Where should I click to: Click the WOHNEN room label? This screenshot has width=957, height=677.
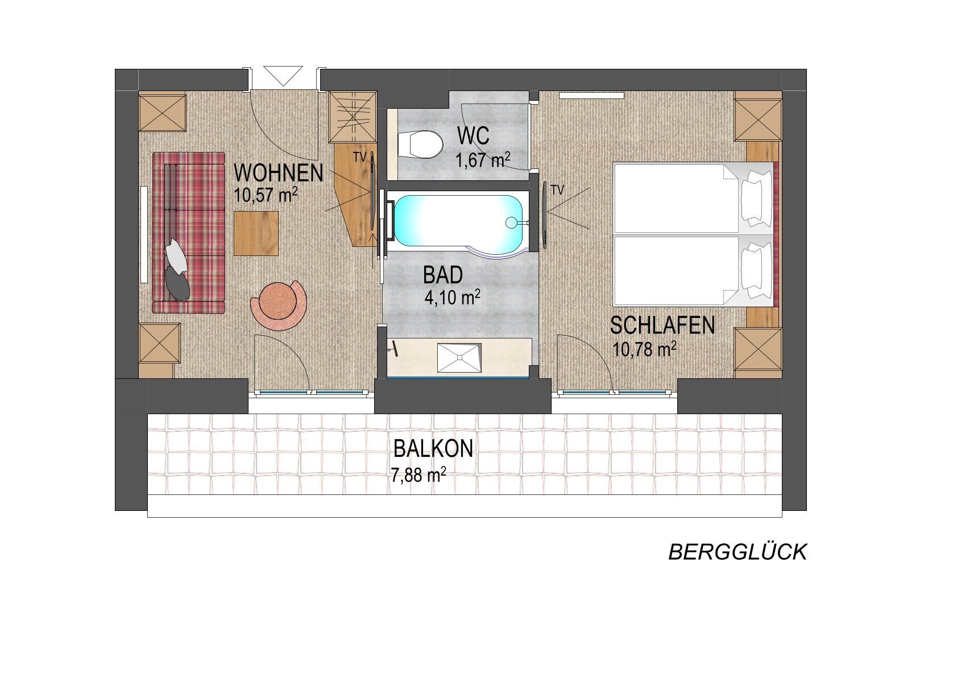coord(278,173)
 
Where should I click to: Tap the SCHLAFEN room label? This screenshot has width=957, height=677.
coord(662,325)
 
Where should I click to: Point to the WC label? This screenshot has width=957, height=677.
coord(473,136)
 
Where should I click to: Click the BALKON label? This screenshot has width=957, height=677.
coord(433,449)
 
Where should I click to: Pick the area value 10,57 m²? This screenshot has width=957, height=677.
coord(266,195)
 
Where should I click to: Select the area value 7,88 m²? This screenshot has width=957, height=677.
coord(419,475)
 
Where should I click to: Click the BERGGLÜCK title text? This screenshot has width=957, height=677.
coord(738,552)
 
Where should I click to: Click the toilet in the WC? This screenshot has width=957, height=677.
coord(420,144)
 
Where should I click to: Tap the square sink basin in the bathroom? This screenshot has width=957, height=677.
coord(459,358)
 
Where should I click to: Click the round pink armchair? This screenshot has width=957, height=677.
coord(279,305)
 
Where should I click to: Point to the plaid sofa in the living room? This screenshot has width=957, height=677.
coord(188,233)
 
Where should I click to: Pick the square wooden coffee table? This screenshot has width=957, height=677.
coord(256,233)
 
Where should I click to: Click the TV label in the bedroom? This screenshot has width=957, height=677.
coord(557,190)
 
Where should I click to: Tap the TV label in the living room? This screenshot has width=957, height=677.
coord(360,157)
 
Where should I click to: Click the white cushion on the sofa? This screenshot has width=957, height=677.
coord(176,255)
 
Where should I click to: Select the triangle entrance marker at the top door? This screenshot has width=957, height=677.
coord(283,76)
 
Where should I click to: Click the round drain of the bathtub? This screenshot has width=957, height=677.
coord(511,222)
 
